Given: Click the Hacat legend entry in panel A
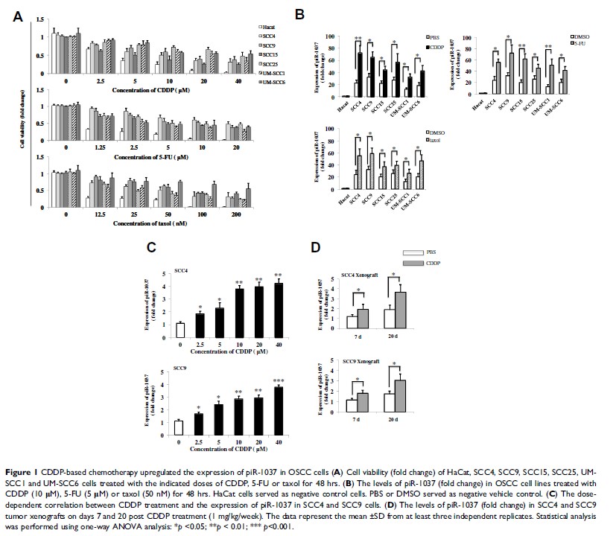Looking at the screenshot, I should pos(266,25).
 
